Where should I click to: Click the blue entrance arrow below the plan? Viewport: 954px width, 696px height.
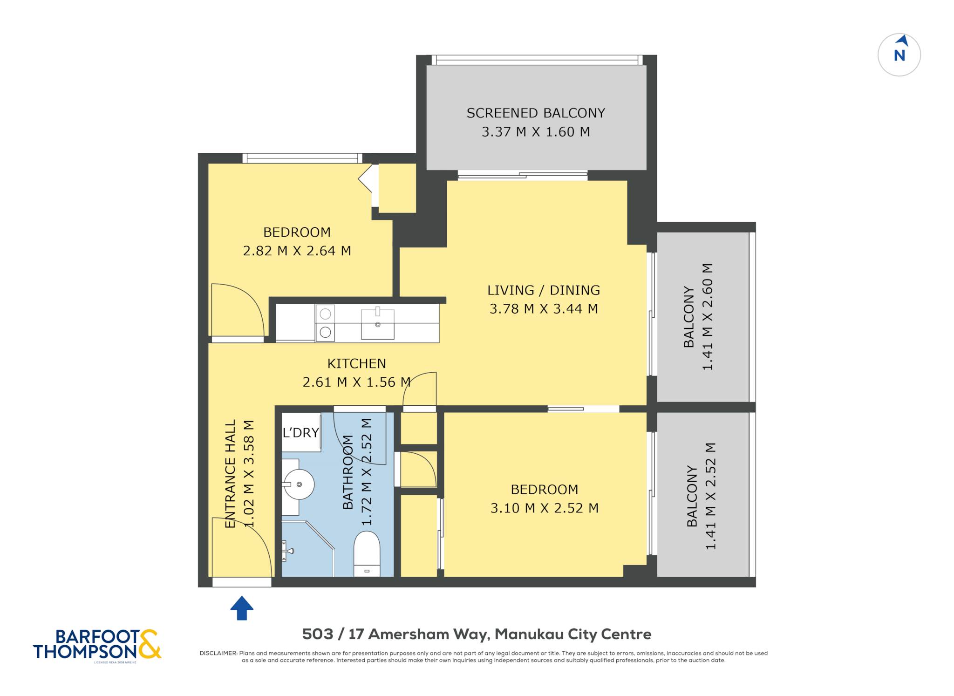(242, 608)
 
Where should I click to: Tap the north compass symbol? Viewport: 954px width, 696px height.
(899, 55)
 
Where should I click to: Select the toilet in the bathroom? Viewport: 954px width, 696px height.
(367, 554)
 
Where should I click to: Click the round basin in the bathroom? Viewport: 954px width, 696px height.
(299, 484)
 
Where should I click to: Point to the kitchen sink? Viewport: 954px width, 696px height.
(377, 324)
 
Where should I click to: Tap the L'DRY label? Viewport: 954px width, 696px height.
(301, 433)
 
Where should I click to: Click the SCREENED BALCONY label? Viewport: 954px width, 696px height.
(536, 113)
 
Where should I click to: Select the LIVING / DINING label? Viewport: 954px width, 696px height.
(544, 290)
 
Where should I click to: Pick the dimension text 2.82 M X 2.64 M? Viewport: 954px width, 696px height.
(297, 251)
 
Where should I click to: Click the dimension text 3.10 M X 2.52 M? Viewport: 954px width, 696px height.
(544, 508)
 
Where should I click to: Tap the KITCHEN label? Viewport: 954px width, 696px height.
(356, 363)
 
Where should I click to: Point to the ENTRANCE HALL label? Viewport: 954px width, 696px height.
(231, 474)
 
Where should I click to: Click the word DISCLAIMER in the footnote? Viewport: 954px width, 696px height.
(218, 653)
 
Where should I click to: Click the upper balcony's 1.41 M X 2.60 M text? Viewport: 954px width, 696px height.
(708, 317)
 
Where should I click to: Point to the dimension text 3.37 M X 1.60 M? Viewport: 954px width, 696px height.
(536, 132)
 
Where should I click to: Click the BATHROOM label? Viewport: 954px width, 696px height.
(348, 472)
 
